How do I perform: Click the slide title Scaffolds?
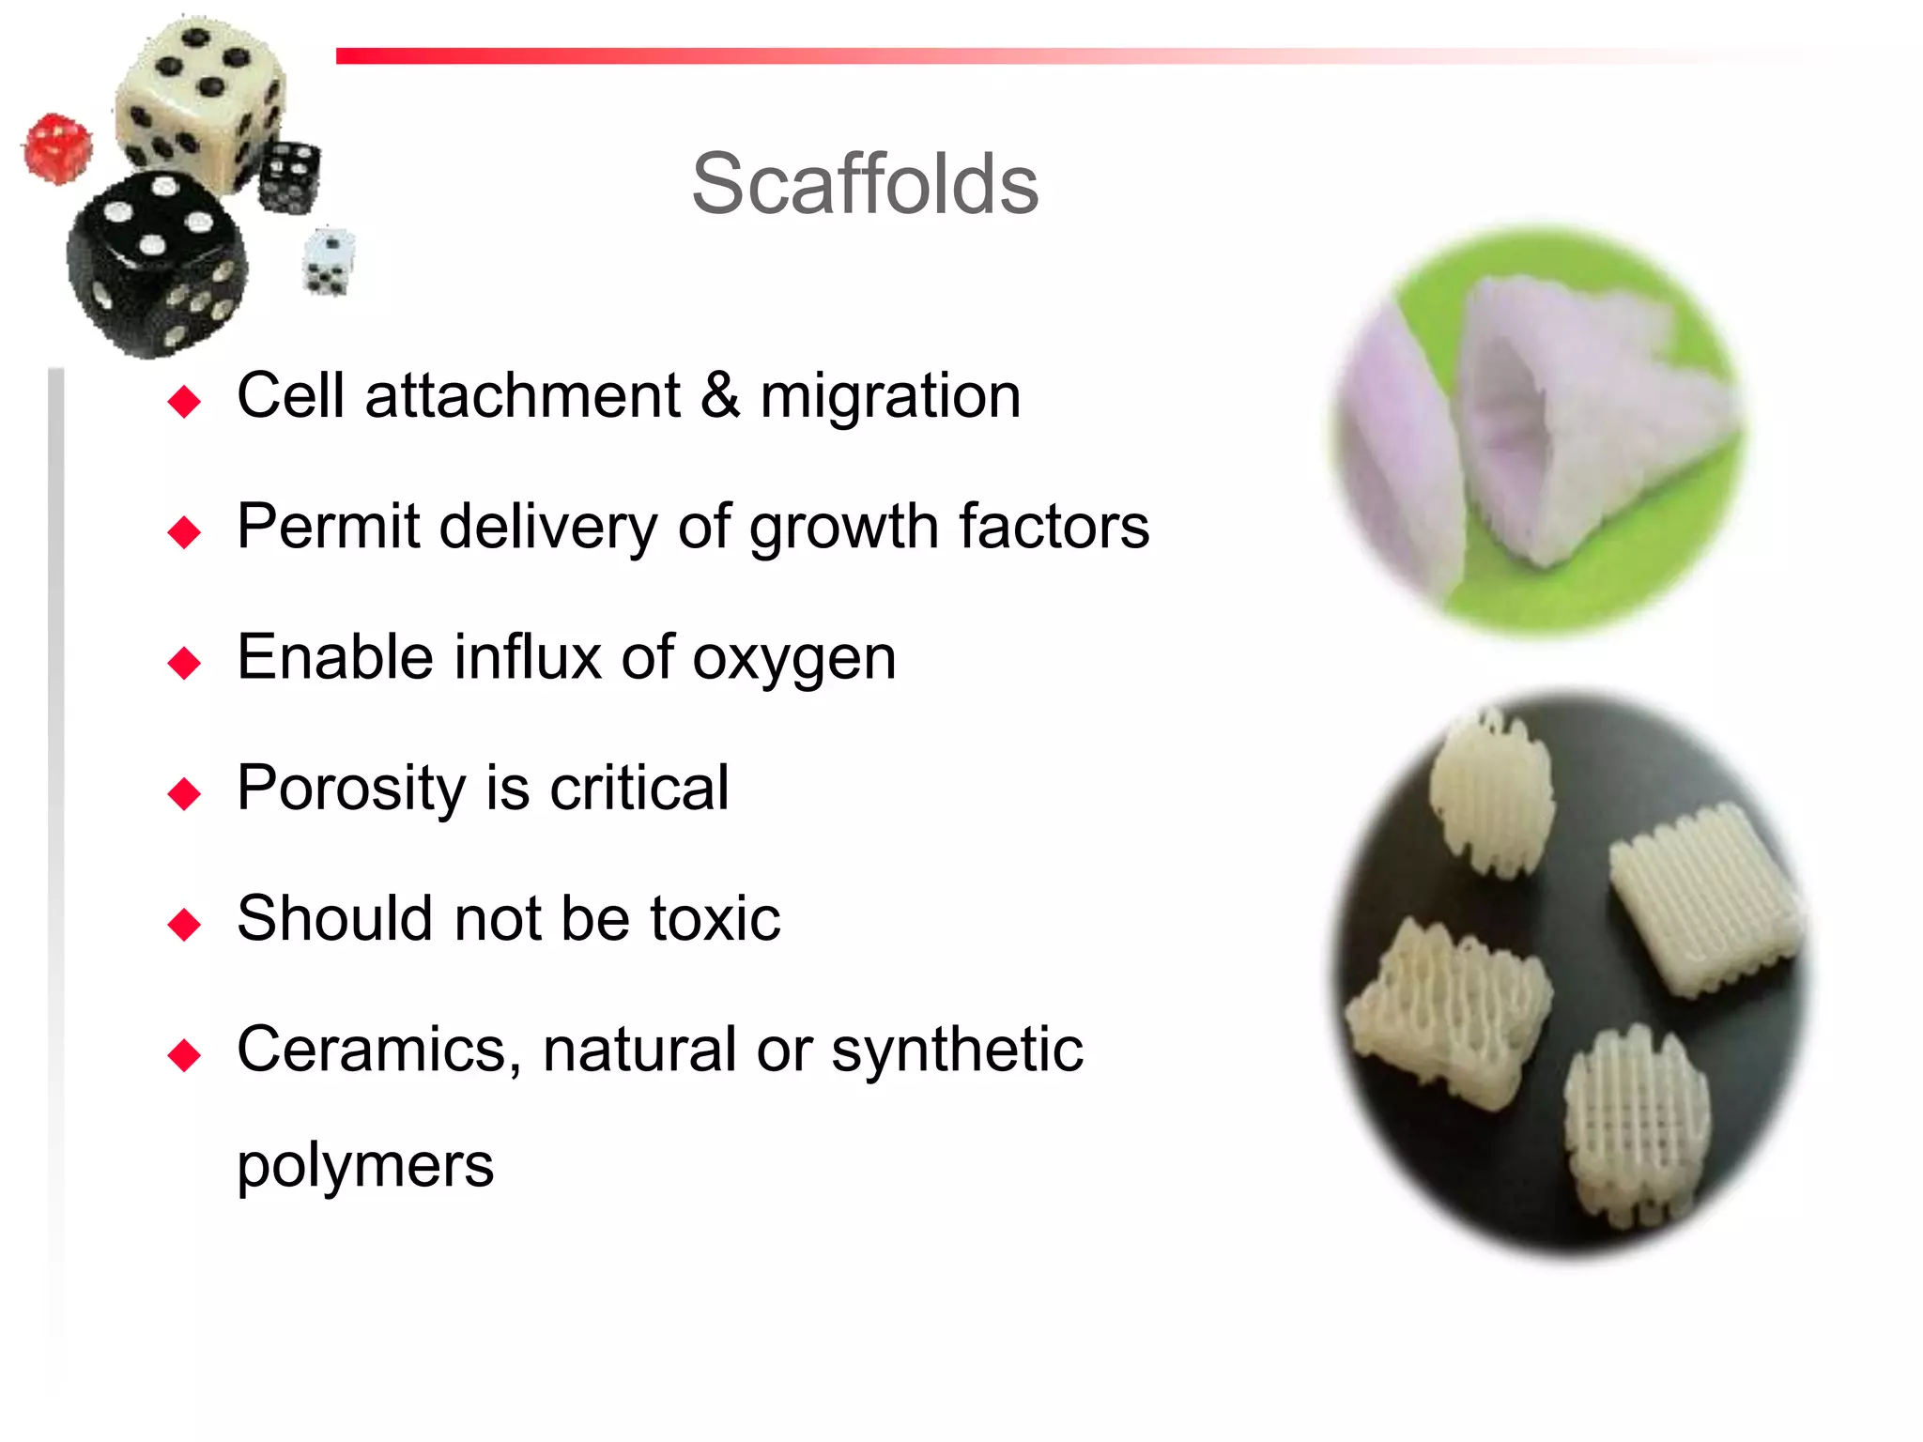(865, 184)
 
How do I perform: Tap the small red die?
(57, 147)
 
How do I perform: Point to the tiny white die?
(329, 261)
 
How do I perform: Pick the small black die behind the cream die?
(289, 176)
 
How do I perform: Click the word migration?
(889, 396)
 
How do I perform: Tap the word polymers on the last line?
(364, 1165)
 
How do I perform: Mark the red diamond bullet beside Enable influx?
(184, 663)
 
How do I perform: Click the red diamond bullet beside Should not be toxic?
(184, 924)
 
